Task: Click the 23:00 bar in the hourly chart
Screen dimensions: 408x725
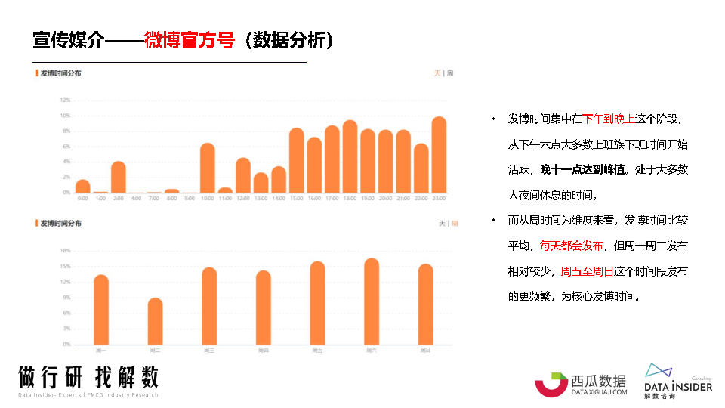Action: point(439,155)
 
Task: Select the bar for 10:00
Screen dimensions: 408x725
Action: point(207,168)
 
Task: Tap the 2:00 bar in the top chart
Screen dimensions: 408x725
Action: point(119,177)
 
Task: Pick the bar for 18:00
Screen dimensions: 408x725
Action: point(350,156)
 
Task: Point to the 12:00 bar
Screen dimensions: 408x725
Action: point(242,175)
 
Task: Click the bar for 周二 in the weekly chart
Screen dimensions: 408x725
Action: point(155,321)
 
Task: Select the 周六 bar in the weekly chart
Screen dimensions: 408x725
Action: point(371,301)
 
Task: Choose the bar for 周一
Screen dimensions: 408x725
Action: point(101,309)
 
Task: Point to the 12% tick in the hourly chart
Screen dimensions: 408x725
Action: point(65,100)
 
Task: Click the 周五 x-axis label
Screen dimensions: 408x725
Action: point(317,351)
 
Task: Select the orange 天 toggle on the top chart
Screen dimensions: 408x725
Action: point(437,73)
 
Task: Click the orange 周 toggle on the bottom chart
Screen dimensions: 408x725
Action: point(455,224)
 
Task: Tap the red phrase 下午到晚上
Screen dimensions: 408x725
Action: point(608,119)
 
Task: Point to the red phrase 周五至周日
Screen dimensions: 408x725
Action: point(586,271)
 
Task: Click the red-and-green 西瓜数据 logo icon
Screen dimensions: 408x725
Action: point(551,384)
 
